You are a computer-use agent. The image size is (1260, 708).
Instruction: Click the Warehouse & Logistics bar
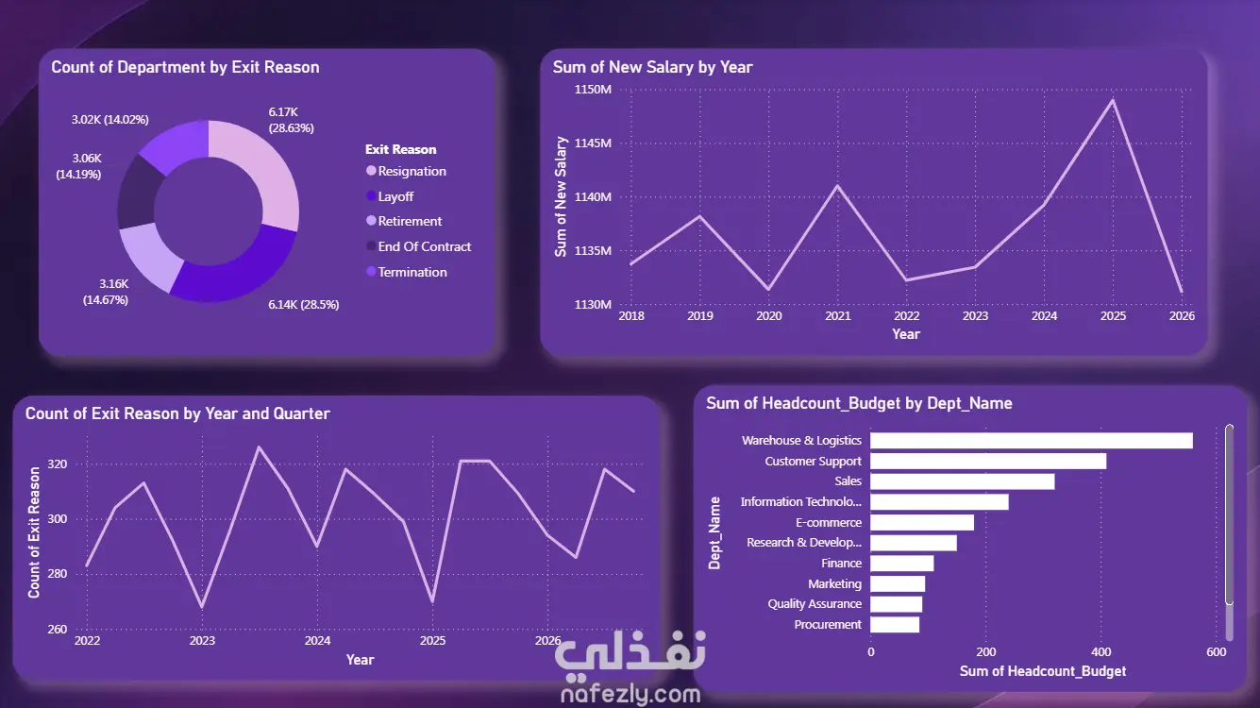(1031, 441)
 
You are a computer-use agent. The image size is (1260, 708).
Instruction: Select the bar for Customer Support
(988, 462)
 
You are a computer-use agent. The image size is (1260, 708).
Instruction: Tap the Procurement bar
(895, 625)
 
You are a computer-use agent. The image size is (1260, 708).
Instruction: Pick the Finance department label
(841, 564)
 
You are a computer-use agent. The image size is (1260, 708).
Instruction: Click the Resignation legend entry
(406, 171)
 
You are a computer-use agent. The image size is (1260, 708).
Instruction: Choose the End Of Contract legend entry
(418, 246)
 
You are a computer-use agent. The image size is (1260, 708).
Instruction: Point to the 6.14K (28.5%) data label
(304, 305)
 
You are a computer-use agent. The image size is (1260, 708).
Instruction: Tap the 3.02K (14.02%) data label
(110, 119)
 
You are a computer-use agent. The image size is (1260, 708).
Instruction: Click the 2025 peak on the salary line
(1113, 100)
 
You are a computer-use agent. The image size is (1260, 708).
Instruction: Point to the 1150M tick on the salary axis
(593, 90)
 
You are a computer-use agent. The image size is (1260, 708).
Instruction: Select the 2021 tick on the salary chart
(837, 316)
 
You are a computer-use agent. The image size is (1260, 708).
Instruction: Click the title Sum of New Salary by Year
(652, 67)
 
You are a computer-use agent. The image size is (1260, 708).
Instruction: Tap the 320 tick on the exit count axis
(58, 464)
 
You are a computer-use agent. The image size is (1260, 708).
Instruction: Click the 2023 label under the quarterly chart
(202, 640)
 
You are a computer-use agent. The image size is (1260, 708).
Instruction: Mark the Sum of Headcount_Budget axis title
(1042, 671)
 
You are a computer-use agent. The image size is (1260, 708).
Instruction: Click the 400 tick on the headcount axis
(1100, 651)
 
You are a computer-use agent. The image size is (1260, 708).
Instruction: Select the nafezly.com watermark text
(630, 694)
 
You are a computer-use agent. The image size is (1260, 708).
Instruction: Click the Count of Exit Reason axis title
(34, 531)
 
